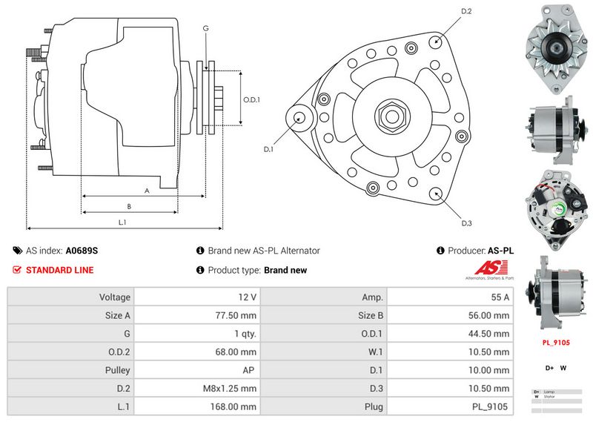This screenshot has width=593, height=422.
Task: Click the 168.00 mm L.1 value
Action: [236, 406]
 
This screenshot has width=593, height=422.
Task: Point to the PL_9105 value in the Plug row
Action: [490, 406]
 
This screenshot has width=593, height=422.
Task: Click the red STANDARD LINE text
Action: [59, 270]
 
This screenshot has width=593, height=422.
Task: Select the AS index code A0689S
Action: [82, 251]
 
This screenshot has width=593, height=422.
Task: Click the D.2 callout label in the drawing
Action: [467, 11]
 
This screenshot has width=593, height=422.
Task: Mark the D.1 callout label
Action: [269, 149]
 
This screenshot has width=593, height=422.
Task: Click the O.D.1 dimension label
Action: [252, 100]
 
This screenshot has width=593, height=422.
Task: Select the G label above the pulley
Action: [205, 28]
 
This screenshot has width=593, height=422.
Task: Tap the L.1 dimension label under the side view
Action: [122, 222]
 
